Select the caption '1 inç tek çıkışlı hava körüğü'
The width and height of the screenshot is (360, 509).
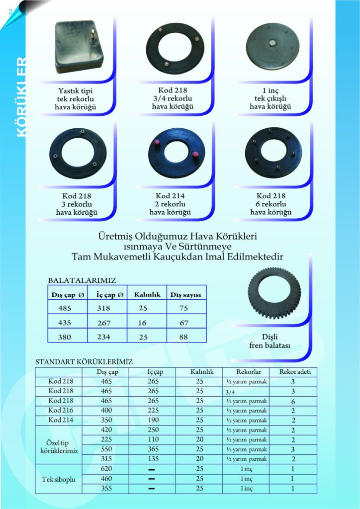pyautogui.click(x=270, y=99)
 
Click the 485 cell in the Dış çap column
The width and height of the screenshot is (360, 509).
pyautogui.click(x=65, y=308)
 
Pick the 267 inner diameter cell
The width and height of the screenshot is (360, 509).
pyautogui.click(x=104, y=323)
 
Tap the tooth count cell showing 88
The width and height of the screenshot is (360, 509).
pyautogui.click(x=183, y=337)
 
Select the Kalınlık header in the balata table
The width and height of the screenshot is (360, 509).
pyautogui.click(x=147, y=295)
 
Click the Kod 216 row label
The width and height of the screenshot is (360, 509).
pyautogui.click(x=62, y=411)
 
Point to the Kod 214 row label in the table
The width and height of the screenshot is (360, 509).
pyautogui.click(x=62, y=420)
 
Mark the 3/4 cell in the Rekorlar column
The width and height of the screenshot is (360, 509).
pyautogui.click(x=229, y=392)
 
